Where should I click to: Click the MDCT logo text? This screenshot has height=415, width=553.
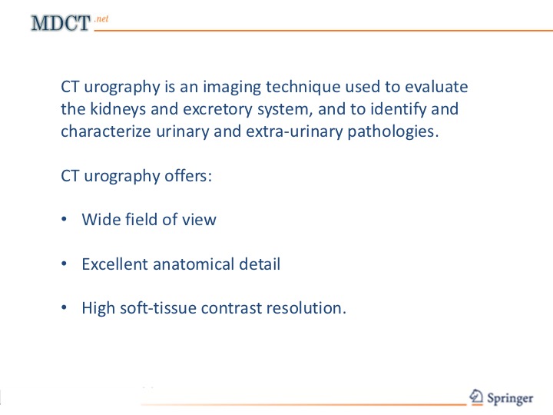[x=61, y=23]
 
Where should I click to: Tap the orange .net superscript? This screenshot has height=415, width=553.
[x=101, y=18]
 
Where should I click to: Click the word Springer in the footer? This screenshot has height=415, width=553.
[x=510, y=398]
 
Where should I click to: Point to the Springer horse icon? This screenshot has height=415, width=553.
[x=476, y=397]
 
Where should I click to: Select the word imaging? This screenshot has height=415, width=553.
[x=232, y=87]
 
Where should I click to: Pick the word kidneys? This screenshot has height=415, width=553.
[x=118, y=109]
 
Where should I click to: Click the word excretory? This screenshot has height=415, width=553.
[x=217, y=110]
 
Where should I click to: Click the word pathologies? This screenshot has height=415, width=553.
[x=393, y=131]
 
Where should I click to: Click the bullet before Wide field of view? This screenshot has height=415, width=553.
[x=64, y=220]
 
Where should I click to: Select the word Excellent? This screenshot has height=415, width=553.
[x=114, y=264]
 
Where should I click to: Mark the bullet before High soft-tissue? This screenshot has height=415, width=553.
[x=64, y=307]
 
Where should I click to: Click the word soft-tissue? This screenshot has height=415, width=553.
[x=158, y=307]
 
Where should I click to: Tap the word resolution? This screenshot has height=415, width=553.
[x=306, y=307]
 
